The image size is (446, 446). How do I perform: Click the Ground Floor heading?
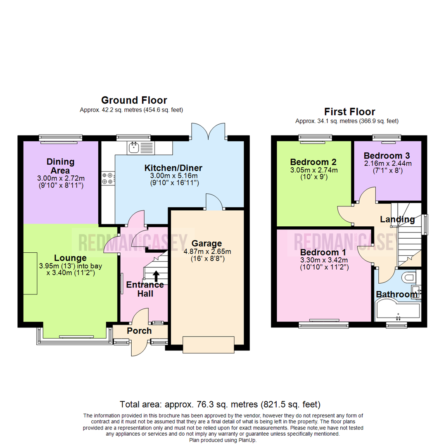(x=134, y=100)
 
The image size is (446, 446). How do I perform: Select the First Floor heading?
(x=349, y=111)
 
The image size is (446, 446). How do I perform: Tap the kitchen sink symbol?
(x=134, y=147)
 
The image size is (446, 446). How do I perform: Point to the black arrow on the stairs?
(x=156, y=276)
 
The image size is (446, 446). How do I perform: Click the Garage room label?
(x=206, y=243)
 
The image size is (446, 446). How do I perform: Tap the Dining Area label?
(x=60, y=166)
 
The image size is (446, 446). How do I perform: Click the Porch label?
(x=139, y=331)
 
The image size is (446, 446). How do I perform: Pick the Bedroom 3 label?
(x=387, y=156)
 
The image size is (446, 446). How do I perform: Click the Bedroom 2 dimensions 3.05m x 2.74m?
(x=313, y=170)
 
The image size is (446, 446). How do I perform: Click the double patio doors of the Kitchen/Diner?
(x=209, y=132)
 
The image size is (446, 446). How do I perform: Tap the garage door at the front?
(x=209, y=344)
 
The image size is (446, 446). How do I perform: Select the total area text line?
(x=220, y=404)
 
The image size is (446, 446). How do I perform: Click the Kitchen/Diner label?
(x=173, y=168)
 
